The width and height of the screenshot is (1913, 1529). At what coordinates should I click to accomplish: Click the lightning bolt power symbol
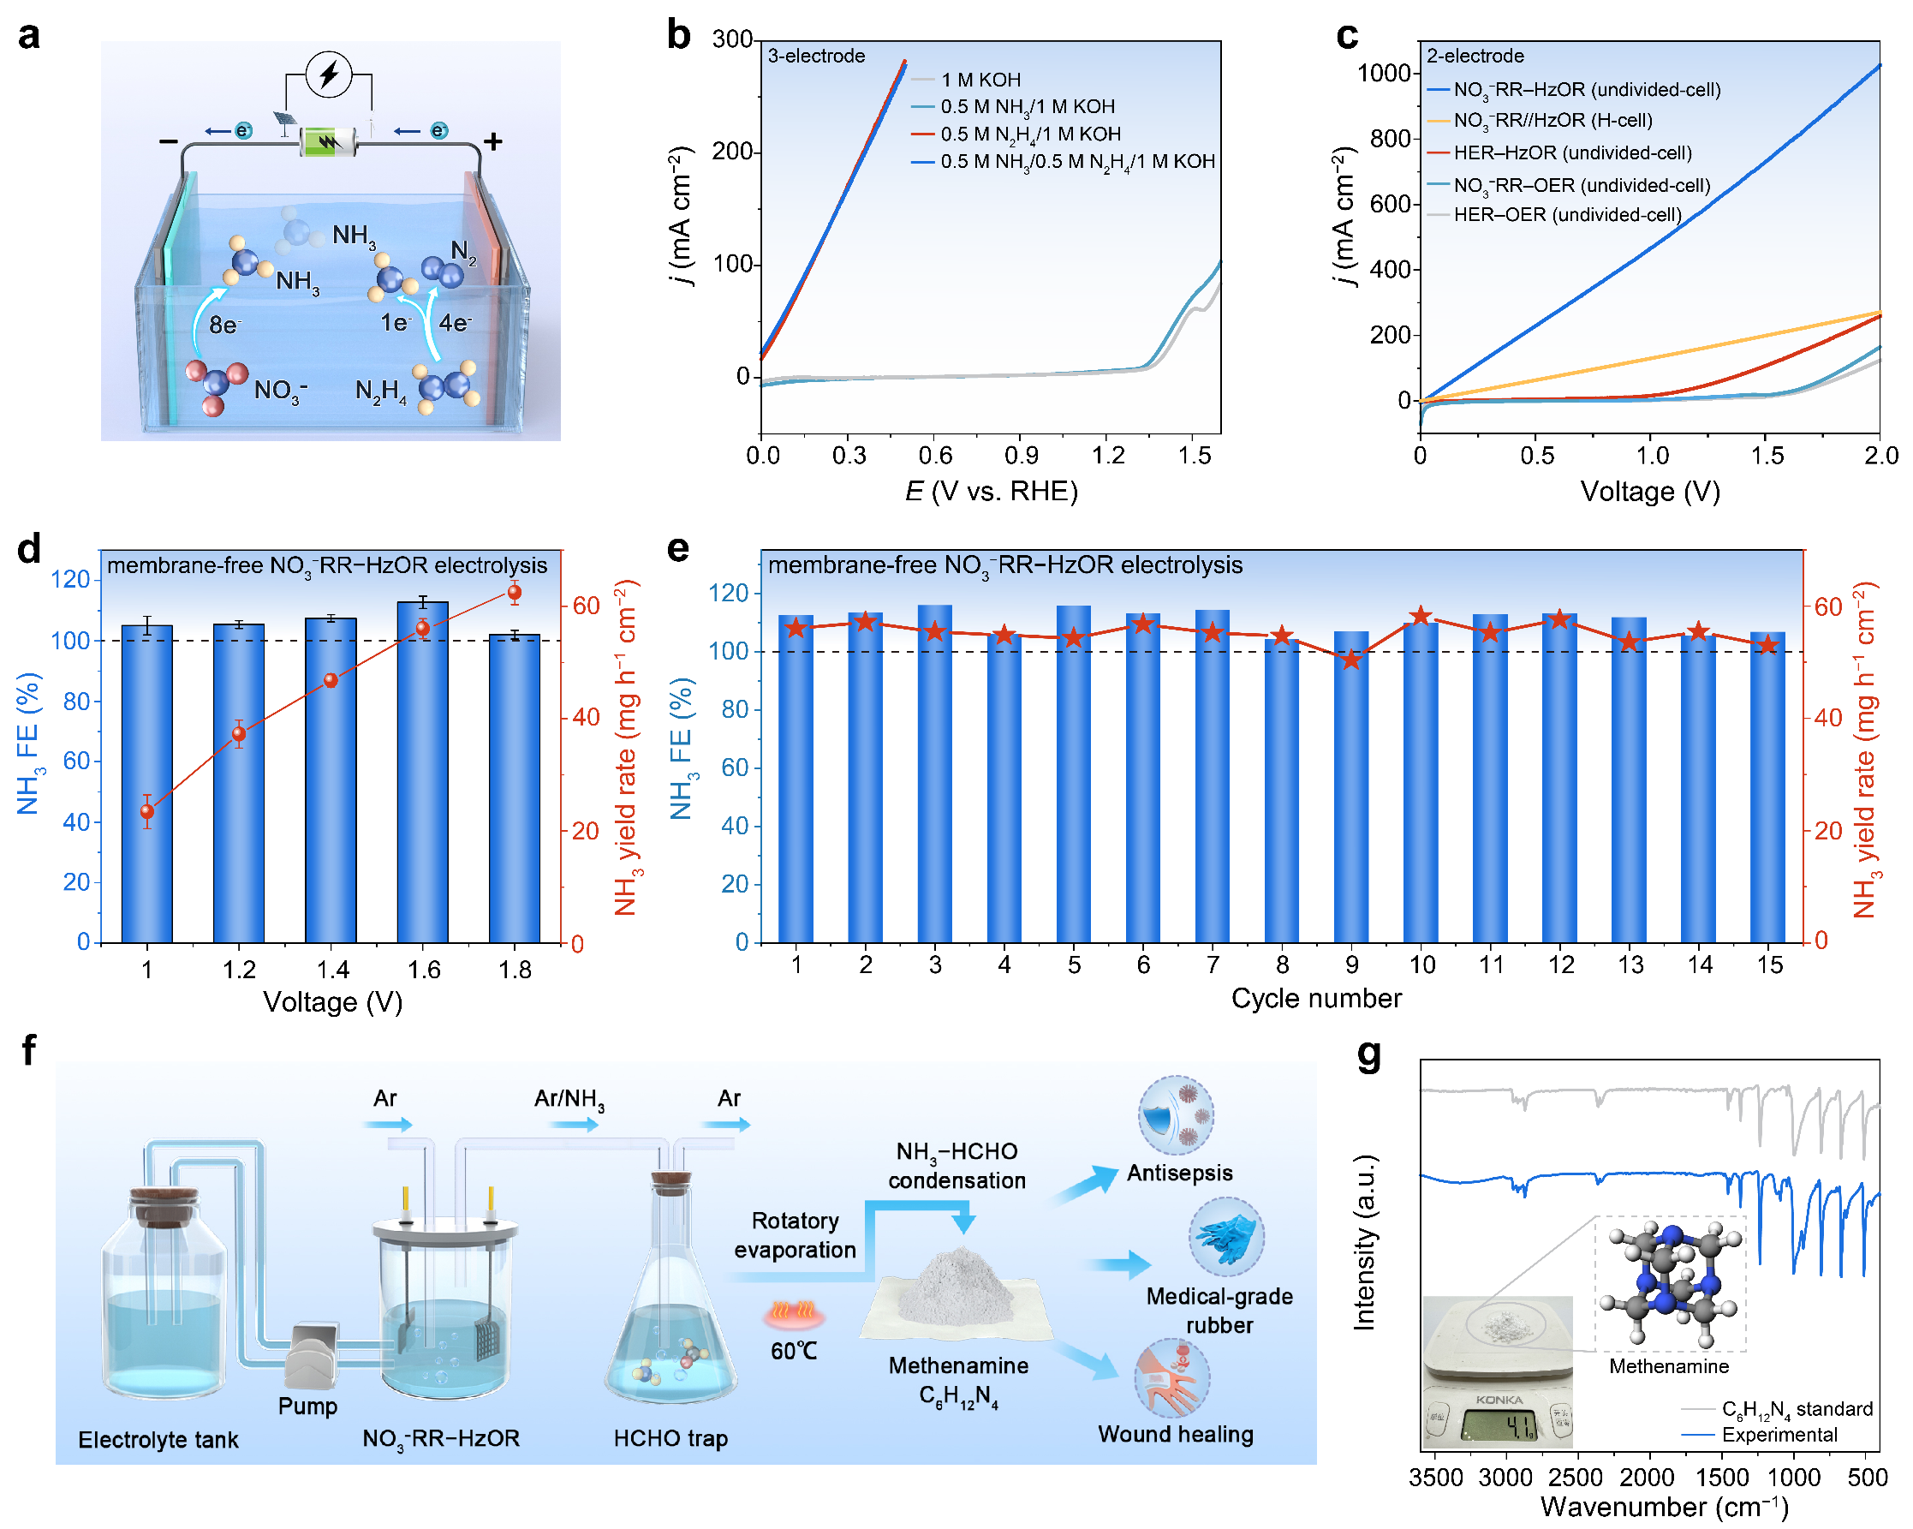329,74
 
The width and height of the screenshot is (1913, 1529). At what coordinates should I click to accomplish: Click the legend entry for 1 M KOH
980,80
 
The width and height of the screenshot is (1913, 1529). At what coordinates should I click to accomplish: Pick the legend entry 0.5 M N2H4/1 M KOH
1030,134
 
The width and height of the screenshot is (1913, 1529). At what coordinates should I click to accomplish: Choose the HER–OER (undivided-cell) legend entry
1567,215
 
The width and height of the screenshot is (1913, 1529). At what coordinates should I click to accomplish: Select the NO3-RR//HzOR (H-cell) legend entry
1552,121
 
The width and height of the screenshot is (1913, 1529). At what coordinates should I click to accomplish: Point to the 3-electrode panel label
816,56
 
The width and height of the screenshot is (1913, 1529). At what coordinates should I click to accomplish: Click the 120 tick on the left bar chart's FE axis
71,579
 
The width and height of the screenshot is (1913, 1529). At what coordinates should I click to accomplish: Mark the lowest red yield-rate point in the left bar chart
147,811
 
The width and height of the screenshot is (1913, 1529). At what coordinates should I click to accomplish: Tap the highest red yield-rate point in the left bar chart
515,593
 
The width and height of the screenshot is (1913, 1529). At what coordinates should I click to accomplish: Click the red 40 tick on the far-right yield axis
1828,718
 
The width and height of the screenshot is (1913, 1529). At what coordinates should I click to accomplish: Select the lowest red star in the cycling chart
1351,660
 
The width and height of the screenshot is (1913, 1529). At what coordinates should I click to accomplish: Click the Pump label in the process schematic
308,1407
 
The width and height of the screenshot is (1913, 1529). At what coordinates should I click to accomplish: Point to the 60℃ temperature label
794,1352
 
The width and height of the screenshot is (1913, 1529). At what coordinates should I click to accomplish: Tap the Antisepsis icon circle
1176,1115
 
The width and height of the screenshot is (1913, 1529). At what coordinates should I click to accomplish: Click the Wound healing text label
1176,1435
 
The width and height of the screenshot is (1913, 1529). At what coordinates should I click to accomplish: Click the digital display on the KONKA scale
1499,1427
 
